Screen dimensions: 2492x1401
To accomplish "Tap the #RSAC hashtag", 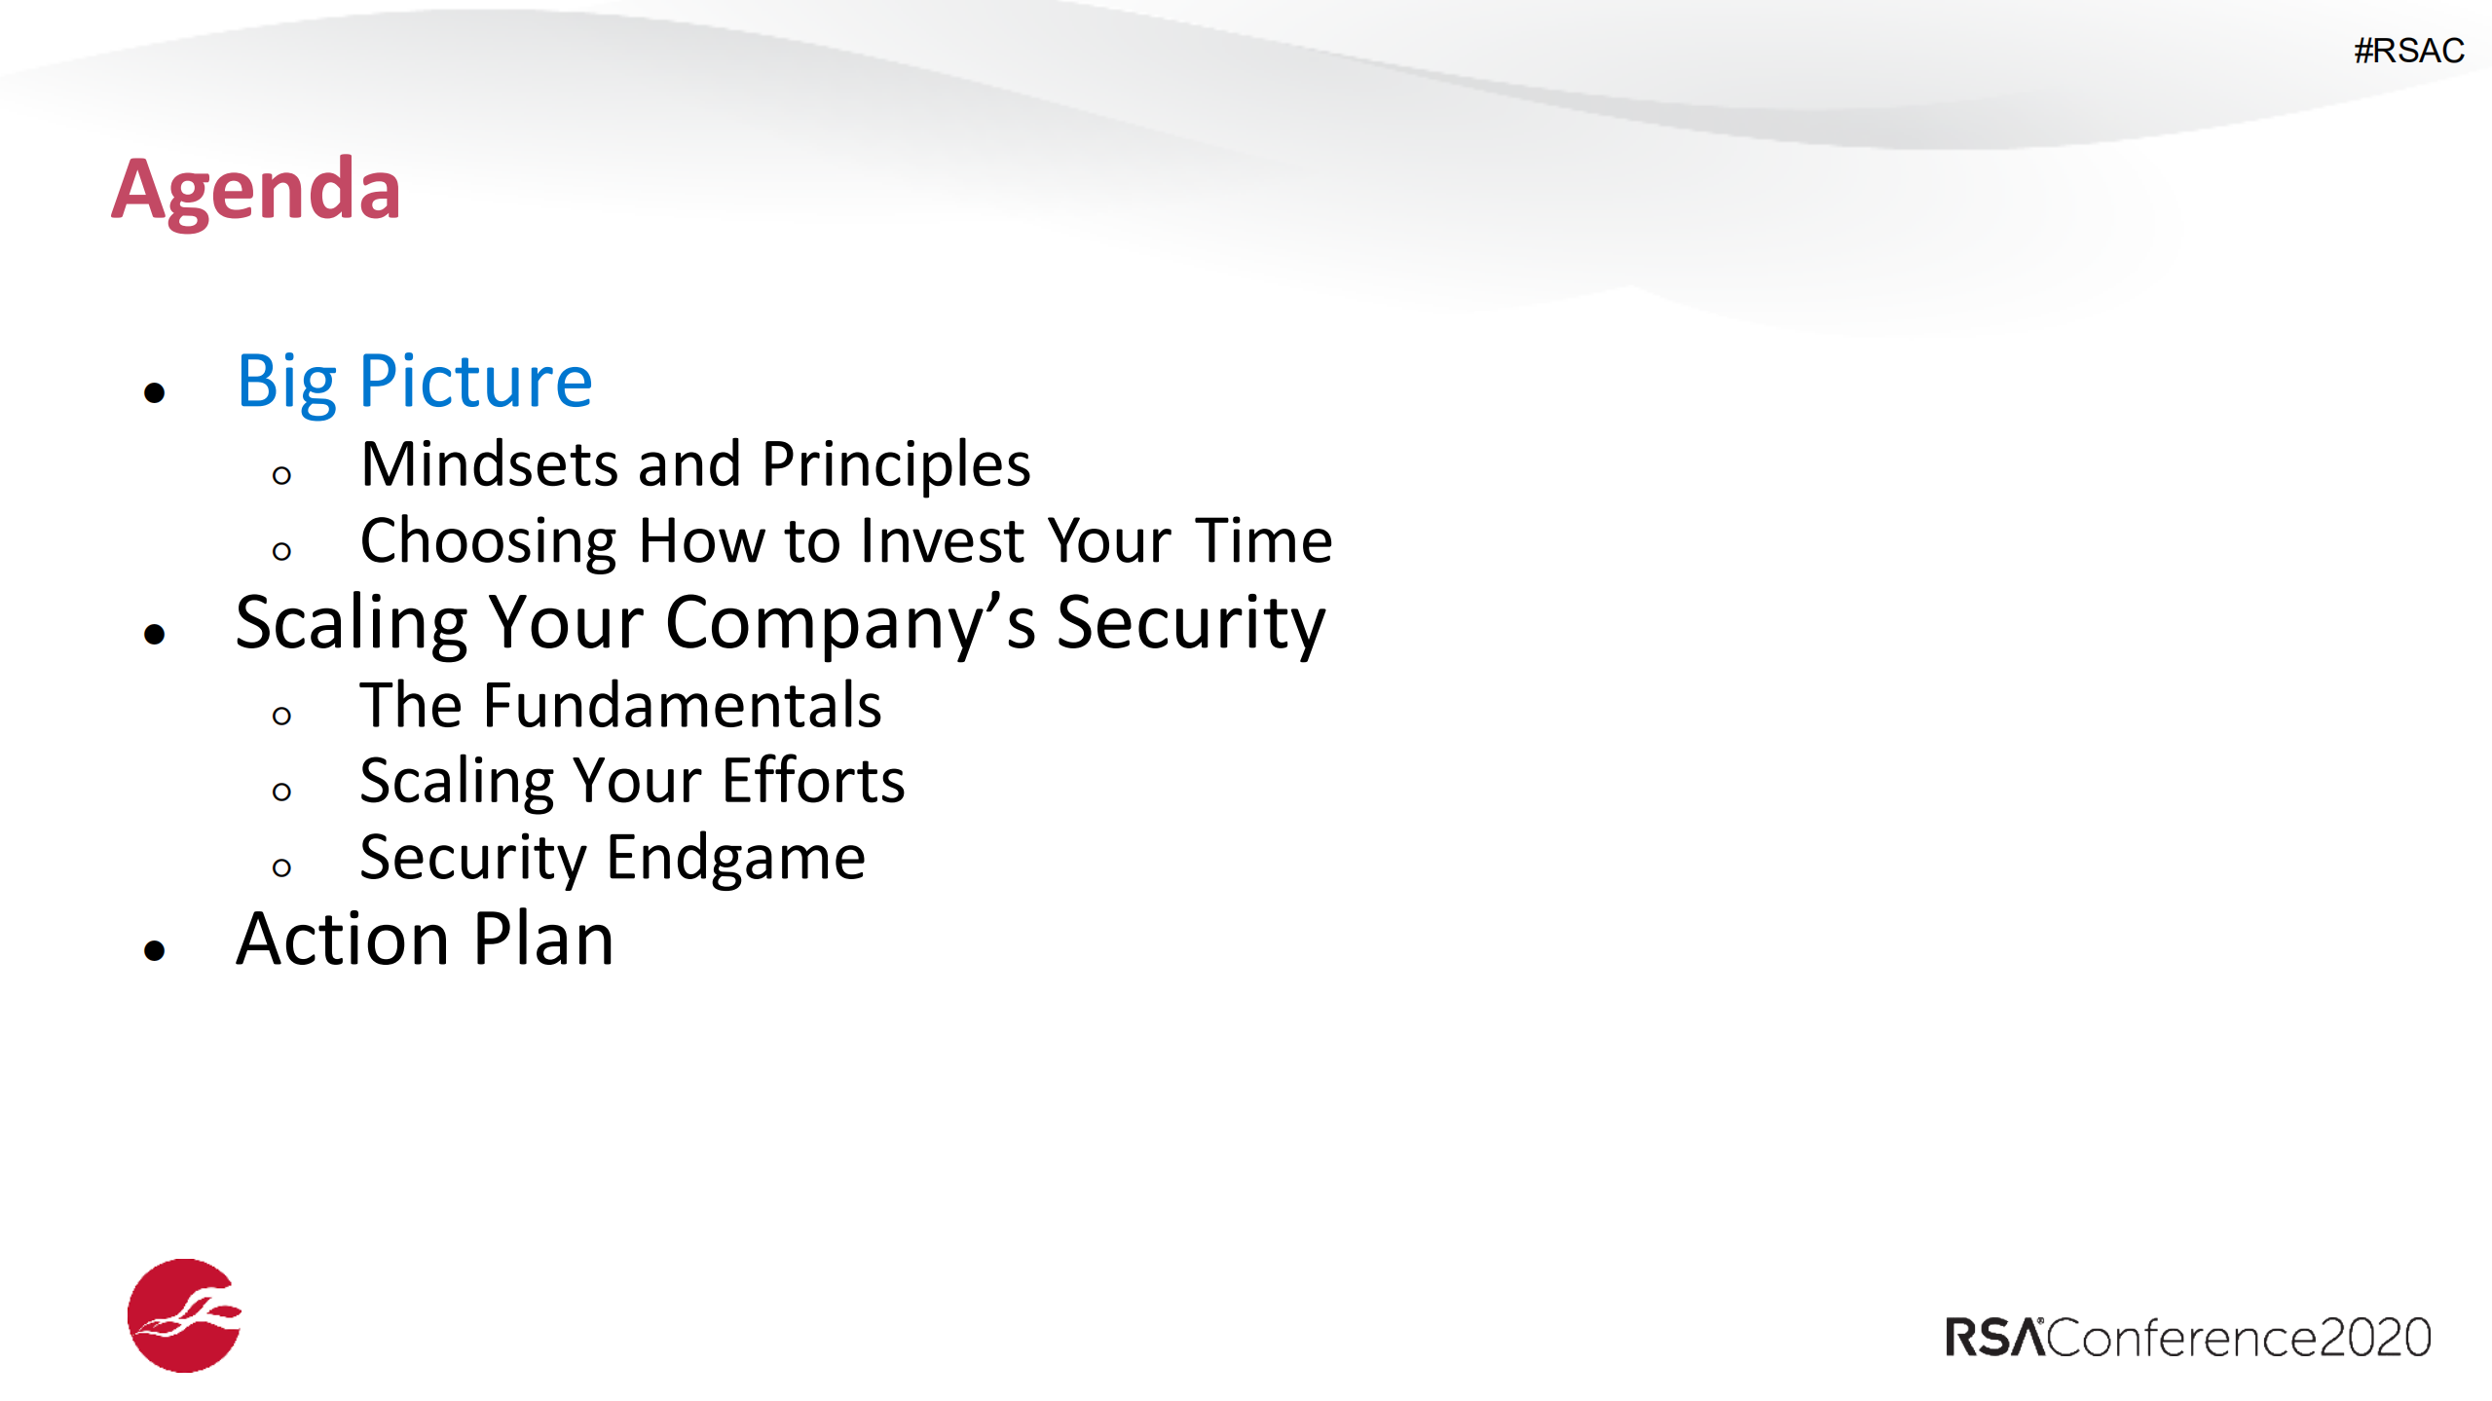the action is (2408, 51).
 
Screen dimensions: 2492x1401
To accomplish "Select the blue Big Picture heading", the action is (415, 384).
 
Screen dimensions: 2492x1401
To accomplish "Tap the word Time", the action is (1264, 540).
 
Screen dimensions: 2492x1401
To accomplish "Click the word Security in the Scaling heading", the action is (1191, 625).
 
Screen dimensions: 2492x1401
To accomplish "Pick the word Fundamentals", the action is (682, 705).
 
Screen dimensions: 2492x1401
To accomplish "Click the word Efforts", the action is (813, 781).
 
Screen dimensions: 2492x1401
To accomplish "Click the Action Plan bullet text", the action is (425, 940).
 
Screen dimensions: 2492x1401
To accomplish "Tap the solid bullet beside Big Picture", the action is (154, 392).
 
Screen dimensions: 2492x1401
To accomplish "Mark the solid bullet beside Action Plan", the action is (154, 949).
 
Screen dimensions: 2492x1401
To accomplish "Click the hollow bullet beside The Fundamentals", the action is (281, 716).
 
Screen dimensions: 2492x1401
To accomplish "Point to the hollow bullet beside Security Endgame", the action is (281, 867).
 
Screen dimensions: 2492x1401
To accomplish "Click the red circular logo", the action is (184, 1315).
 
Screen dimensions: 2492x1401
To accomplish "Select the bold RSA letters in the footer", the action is (1994, 1338).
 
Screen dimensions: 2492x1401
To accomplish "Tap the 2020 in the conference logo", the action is (2375, 1338).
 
